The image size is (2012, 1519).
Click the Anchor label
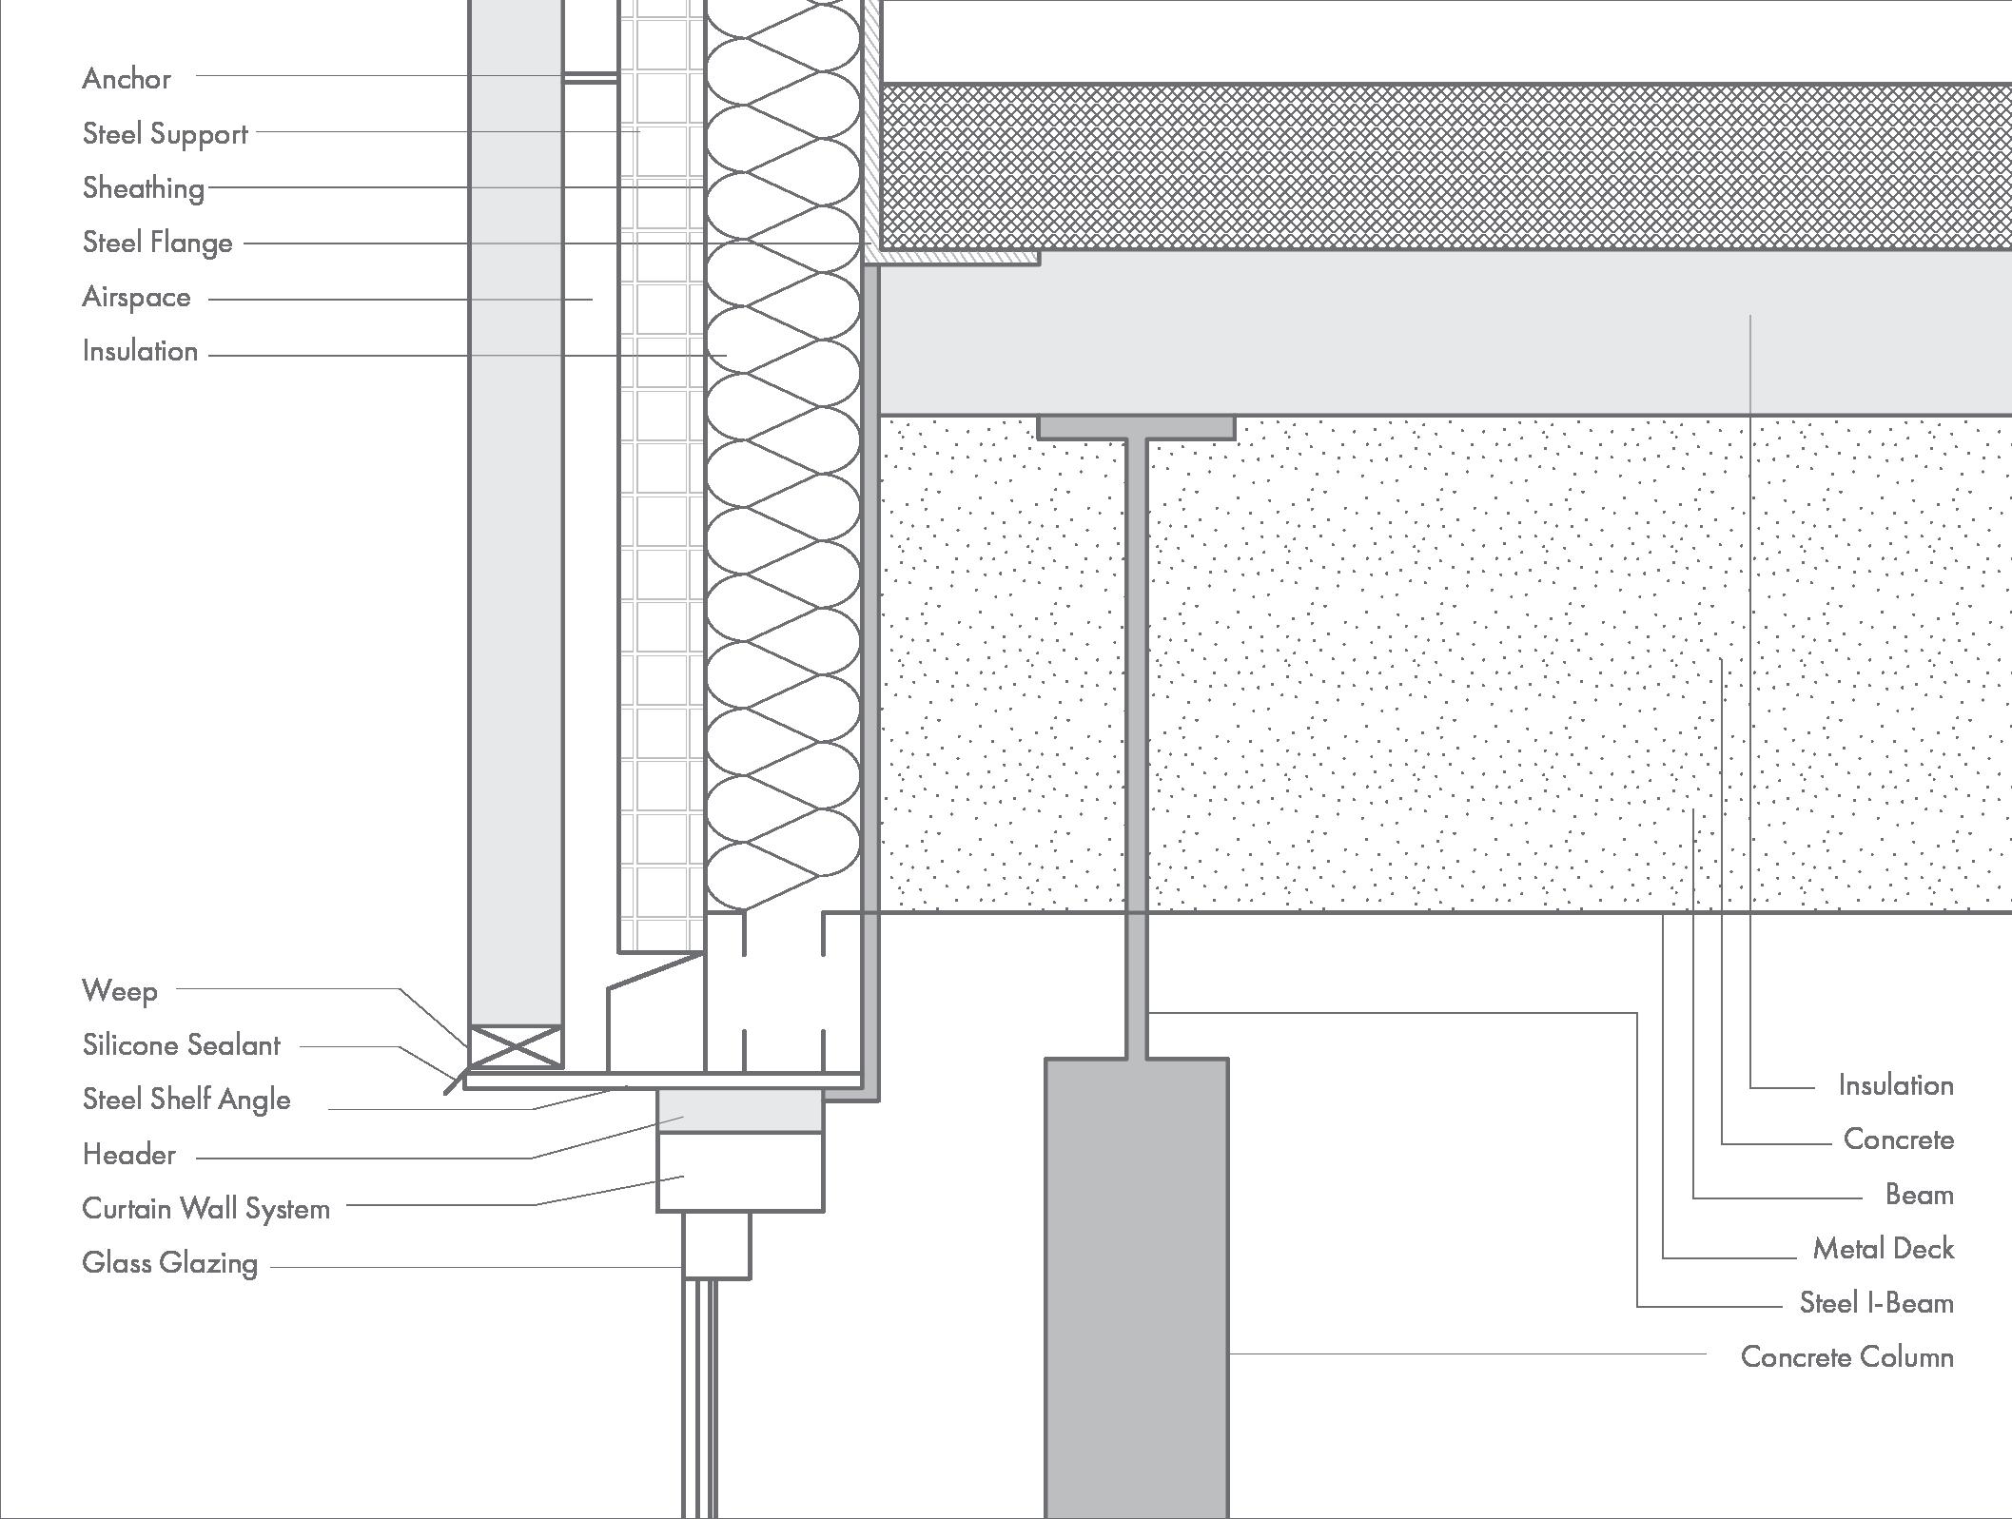(x=127, y=79)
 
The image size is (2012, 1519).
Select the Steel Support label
(x=165, y=134)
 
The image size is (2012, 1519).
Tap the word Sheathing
(x=144, y=188)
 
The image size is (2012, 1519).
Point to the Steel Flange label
(x=157, y=243)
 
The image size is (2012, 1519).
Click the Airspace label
(x=136, y=298)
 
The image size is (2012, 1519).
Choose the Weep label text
(x=120, y=991)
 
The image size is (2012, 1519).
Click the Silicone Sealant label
(x=181, y=1045)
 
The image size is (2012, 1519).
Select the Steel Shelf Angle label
(x=186, y=1100)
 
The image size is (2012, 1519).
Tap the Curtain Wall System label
(x=205, y=1209)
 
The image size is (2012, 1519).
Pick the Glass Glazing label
(x=169, y=1263)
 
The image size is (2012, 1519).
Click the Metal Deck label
(x=1883, y=1249)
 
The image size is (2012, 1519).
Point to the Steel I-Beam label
(x=1876, y=1303)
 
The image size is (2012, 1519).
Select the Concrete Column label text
(x=1846, y=1357)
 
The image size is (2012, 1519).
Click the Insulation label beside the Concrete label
(x=1895, y=1086)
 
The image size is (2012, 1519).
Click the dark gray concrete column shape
(x=1136, y=1284)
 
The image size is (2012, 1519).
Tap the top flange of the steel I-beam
(x=1136, y=428)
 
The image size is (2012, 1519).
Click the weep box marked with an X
(x=515, y=1046)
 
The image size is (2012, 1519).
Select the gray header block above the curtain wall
(x=739, y=1111)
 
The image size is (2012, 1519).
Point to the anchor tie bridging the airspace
(x=590, y=78)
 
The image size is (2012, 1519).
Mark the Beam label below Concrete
(x=1919, y=1195)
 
